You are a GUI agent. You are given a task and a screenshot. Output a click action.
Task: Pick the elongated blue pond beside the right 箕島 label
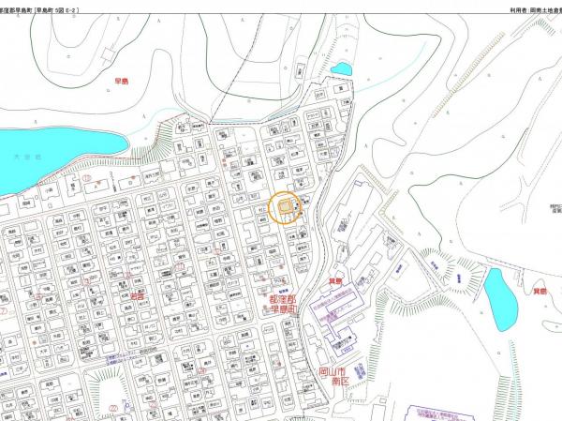[502, 299]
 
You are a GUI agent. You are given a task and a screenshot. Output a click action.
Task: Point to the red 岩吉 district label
[139, 296]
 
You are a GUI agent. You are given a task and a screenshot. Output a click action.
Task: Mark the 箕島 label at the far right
[540, 293]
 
